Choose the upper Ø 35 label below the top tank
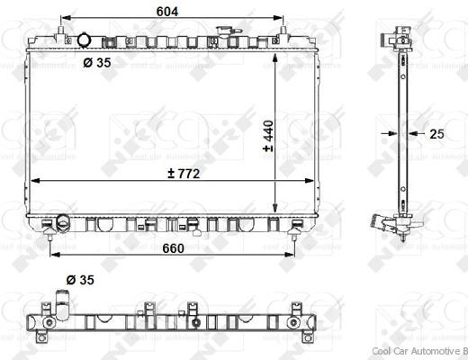pos(98,63)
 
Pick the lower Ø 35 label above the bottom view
pos(81,281)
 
